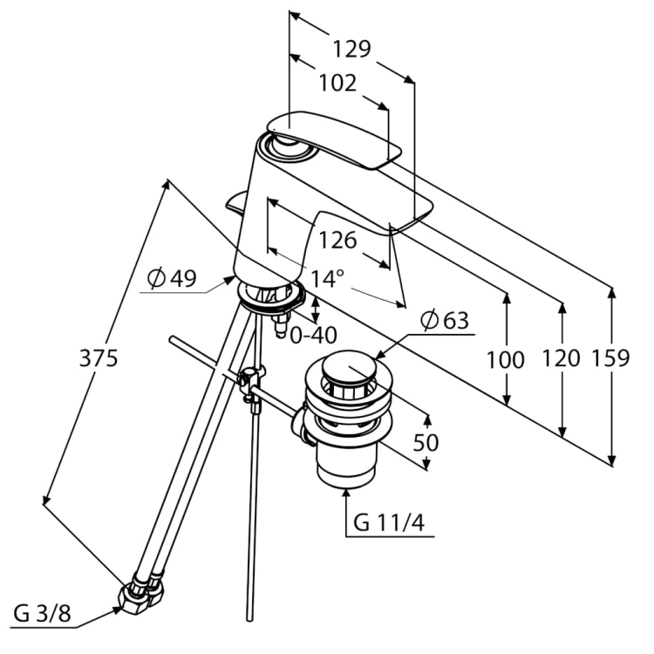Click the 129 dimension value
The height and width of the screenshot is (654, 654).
click(351, 49)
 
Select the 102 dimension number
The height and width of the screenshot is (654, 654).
click(337, 83)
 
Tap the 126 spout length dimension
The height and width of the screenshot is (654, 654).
click(337, 241)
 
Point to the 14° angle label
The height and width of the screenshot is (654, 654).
click(328, 278)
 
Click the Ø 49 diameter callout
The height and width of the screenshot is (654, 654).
click(172, 278)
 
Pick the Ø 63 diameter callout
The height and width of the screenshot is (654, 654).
click(445, 320)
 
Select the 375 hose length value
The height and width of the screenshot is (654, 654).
click(99, 358)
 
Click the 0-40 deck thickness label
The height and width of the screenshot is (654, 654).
click(313, 335)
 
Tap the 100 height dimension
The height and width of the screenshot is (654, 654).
click(505, 360)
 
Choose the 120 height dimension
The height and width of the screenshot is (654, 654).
click(561, 358)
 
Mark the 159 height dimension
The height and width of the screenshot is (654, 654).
click(610, 358)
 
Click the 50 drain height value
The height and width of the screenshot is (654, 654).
click(426, 442)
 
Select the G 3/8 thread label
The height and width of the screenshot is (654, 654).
click(42, 614)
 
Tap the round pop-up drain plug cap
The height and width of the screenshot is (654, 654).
click(350, 368)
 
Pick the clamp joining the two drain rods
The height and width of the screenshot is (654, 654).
click(251, 383)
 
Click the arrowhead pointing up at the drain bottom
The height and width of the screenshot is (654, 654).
click(346, 494)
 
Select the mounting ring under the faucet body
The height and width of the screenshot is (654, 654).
click(271, 297)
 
